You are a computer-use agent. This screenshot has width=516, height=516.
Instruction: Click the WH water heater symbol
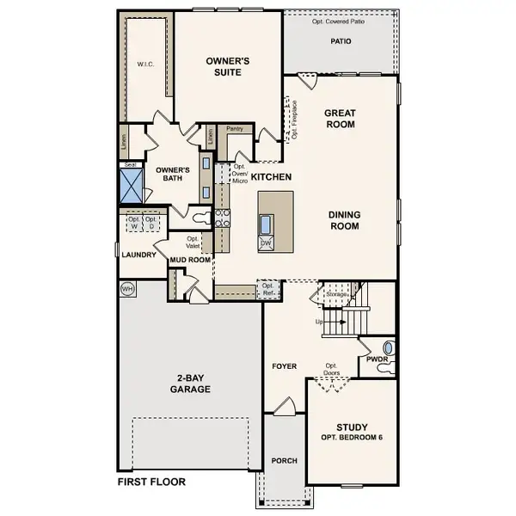pyautogui.click(x=127, y=288)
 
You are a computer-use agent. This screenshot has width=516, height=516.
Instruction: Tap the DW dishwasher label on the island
pyautogui.click(x=266, y=243)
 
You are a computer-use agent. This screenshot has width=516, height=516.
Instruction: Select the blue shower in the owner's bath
pyautogui.click(x=131, y=186)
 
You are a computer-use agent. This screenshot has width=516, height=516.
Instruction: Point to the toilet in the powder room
pyautogui.click(x=389, y=348)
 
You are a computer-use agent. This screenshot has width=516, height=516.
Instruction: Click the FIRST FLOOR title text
pyautogui.click(x=151, y=482)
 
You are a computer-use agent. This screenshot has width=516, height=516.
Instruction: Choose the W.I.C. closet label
pyautogui.click(x=144, y=64)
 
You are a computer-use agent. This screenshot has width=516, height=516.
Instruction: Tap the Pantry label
pyautogui.click(x=235, y=129)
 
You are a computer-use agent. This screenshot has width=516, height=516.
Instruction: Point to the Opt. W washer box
pyautogui.click(x=133, y=223)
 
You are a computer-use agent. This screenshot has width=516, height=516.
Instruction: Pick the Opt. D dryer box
pyautogui.click(x=151, y=223)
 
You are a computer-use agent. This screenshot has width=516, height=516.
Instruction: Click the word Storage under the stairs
pyautogui.click(x=336, y=294)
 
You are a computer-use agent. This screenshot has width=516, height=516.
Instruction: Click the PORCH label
pyautogui.click(x=284, y=461)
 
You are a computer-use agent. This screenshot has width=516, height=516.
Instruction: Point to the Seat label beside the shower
pyautogui.click(x=131, y=164)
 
